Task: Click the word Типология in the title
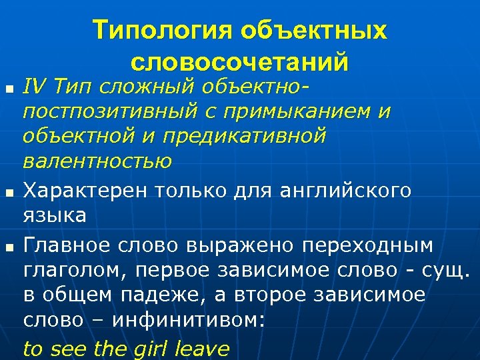155,31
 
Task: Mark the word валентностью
97,161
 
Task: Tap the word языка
54,215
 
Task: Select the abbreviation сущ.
446,270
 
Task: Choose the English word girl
155,348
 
